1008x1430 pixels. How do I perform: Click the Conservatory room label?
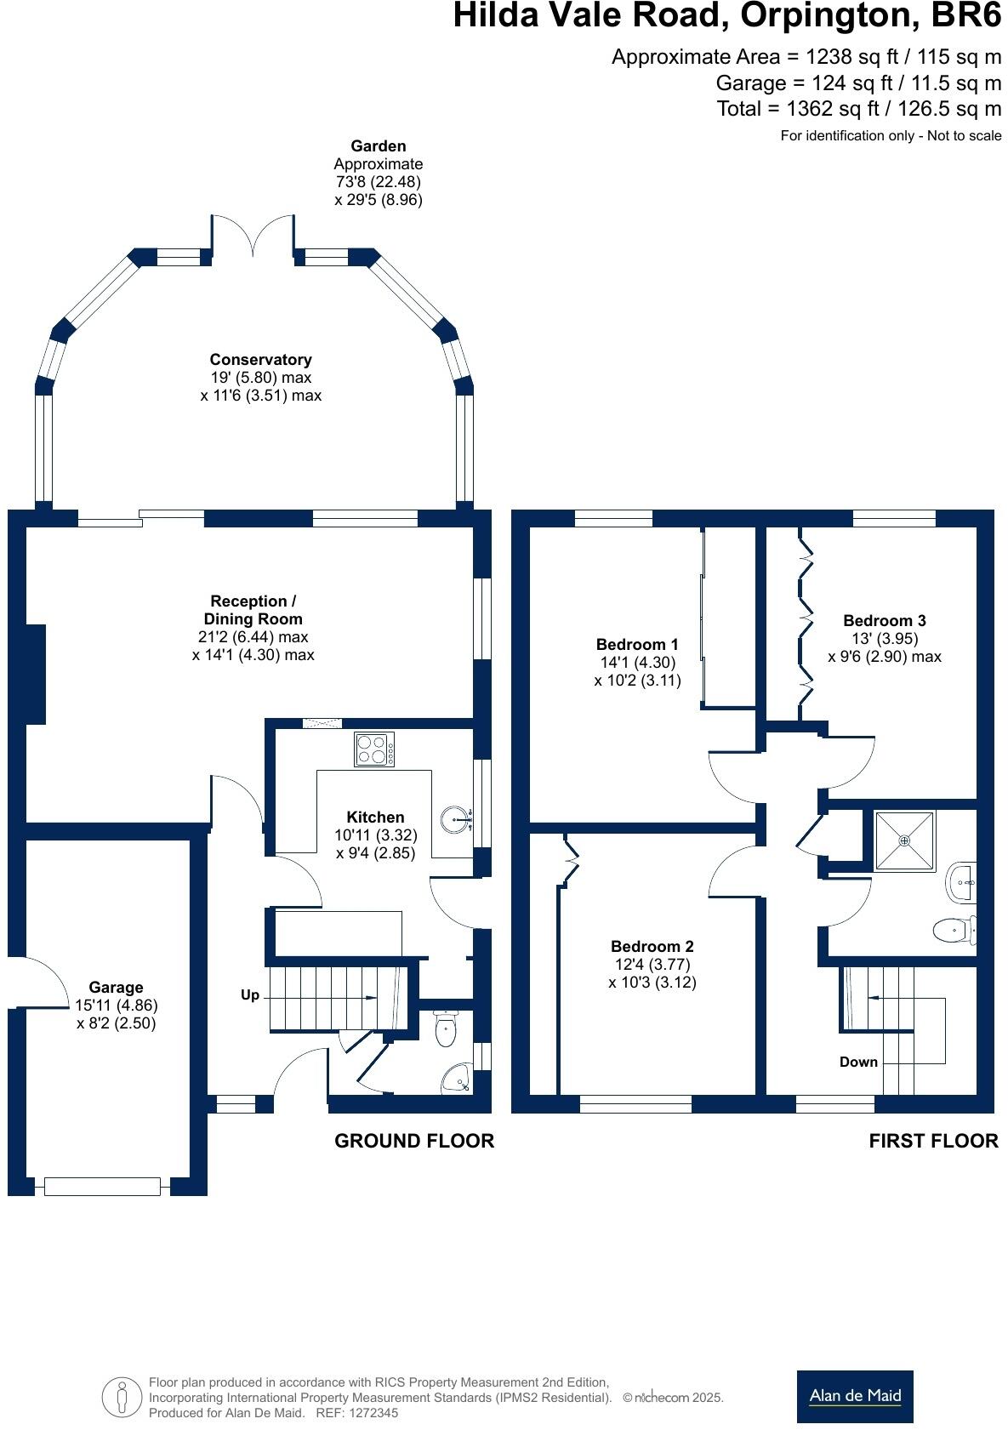260,360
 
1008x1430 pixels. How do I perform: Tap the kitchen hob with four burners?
374,749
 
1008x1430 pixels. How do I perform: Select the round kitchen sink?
456,818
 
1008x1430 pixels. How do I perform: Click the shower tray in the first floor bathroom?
904,840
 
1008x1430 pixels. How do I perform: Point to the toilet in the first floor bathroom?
954,930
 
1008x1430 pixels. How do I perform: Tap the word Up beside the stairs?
249,995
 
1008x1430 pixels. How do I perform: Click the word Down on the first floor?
858,1062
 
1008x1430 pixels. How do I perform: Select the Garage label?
116,987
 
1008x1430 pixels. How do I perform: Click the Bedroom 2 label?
652,946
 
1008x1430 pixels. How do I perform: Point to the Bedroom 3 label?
884,620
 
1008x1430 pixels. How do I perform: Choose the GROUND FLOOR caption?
414,1141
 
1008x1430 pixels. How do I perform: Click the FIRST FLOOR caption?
933,1141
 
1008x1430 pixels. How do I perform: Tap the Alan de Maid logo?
855,1396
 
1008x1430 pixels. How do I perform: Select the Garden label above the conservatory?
378,145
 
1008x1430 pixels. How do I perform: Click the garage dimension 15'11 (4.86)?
117,1005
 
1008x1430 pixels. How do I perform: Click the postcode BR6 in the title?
965,16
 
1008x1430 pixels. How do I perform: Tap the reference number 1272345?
373,1413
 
